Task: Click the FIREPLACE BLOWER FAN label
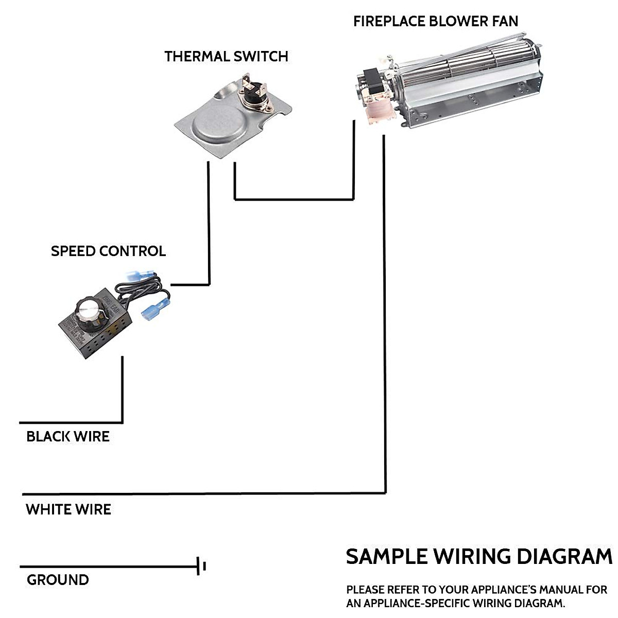tap(436, 21)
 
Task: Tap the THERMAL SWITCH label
tap(226, 56)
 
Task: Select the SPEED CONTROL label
tap(108, 251)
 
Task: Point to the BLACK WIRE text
tap(68, 437)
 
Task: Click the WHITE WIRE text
tap(68, 510)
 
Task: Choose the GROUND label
tap(58, 580)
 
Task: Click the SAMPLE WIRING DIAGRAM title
tap(479, 557)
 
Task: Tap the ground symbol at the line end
tap(201, 566)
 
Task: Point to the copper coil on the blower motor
tap(377, 111)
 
